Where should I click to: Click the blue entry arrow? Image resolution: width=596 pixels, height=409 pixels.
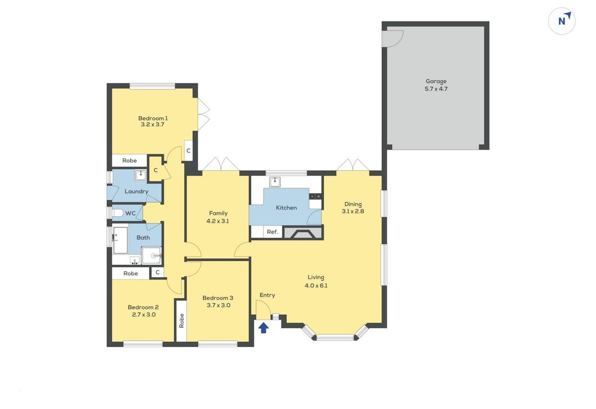(264, 328)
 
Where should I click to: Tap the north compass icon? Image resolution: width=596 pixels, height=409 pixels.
(561, 21)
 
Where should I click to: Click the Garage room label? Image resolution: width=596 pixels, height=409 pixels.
(436, 81)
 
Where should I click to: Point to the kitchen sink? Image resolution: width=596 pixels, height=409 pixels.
(274, 182)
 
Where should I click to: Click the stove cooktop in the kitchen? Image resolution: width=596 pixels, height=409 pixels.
(315, 196)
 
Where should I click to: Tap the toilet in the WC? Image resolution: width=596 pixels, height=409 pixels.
(117, 213)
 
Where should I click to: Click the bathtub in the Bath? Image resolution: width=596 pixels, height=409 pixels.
(120, 240)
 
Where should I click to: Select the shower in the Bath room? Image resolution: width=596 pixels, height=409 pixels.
(152, 256)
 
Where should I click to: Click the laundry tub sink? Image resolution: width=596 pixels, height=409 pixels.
(140, 175)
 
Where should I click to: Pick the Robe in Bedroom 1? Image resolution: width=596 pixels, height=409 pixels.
(129, 161)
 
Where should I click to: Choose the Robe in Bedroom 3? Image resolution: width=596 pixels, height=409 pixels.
(181, 321)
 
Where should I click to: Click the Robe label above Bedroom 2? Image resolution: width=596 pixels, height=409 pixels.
(130, 273)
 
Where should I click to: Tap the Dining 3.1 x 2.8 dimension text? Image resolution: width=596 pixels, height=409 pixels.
(353, 211)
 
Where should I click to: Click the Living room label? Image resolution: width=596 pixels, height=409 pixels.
(316, 278)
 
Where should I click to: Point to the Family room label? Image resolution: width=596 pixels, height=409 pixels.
(218, 213)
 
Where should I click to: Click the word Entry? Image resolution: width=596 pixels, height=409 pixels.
(267, 295)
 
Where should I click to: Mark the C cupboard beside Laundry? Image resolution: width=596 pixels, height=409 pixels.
(155, 170)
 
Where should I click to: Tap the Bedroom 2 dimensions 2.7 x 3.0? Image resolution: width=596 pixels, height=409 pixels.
(144, 314)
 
